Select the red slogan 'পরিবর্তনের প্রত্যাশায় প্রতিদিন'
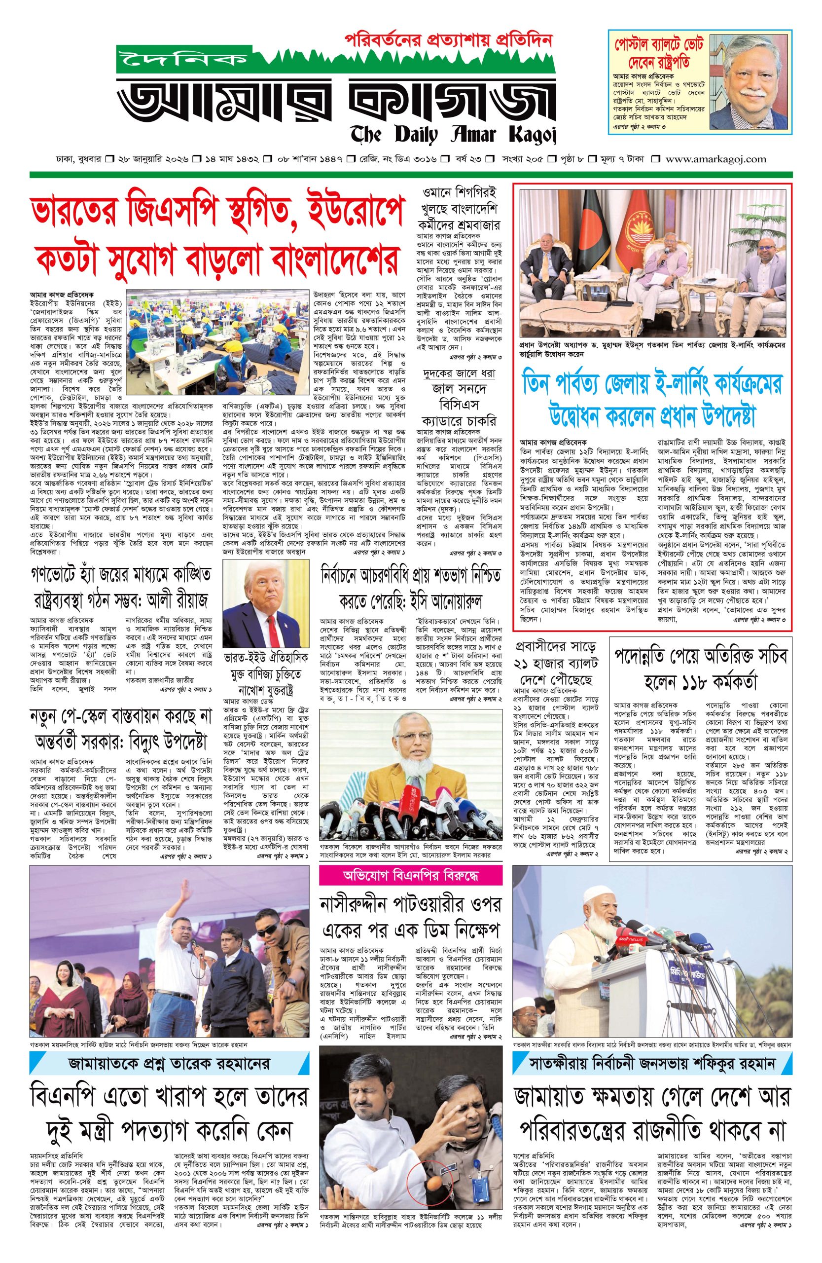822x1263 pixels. [x=449, y=40]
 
